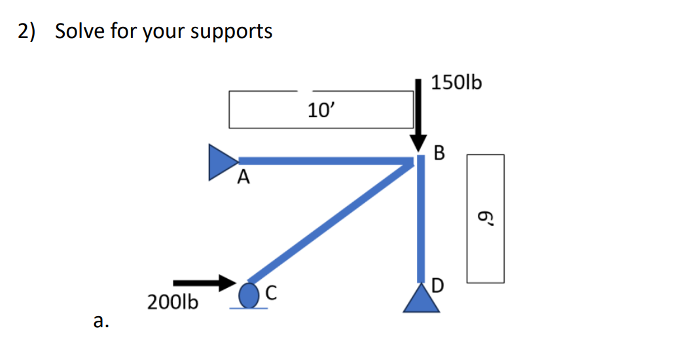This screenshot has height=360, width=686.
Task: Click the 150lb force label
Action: coord(456,83)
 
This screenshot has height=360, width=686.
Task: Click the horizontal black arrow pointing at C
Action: coord(204,282)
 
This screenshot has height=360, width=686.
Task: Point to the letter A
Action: coord(244,177)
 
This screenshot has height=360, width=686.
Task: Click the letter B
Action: coord(439,154)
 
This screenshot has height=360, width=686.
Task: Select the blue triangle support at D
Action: coord(420,300)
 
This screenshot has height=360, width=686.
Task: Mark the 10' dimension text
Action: coord(321,109)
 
